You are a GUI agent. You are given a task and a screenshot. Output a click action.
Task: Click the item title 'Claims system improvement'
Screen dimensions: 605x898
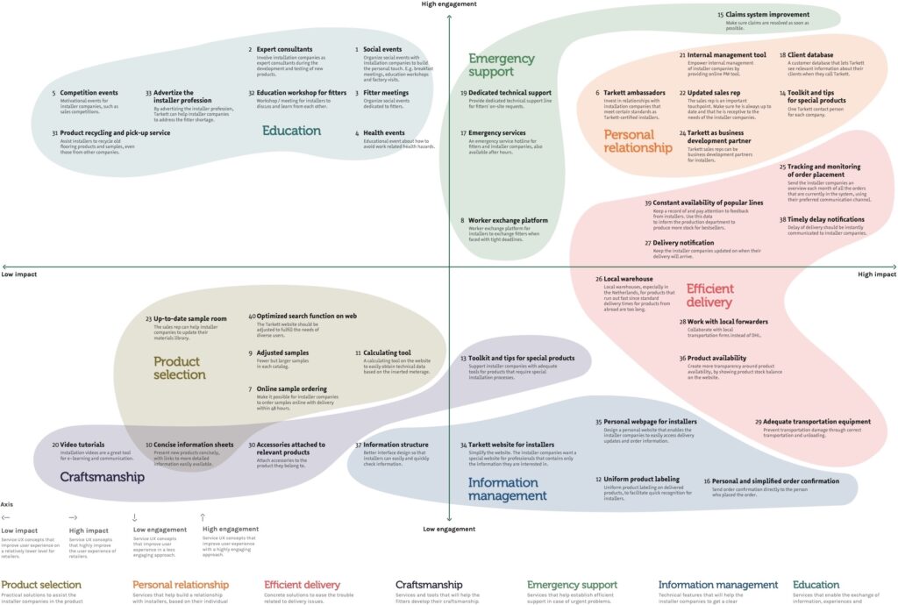(768, 15)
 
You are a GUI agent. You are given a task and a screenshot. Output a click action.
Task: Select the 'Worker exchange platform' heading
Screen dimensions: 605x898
(508, 220)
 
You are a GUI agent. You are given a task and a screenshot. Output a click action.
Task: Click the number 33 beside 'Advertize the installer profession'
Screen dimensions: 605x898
(148, 92)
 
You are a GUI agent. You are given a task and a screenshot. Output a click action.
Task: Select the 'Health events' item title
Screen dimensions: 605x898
(384, 133)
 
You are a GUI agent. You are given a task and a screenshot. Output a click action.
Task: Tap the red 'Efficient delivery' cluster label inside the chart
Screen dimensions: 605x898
(710, 295)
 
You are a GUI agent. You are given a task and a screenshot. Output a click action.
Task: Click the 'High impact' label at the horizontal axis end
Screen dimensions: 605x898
(876, 274)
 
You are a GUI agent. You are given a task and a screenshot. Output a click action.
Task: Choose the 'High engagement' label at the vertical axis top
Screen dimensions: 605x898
(449, 4)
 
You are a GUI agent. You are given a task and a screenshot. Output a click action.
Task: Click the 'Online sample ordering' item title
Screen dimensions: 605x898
(292, 388)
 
